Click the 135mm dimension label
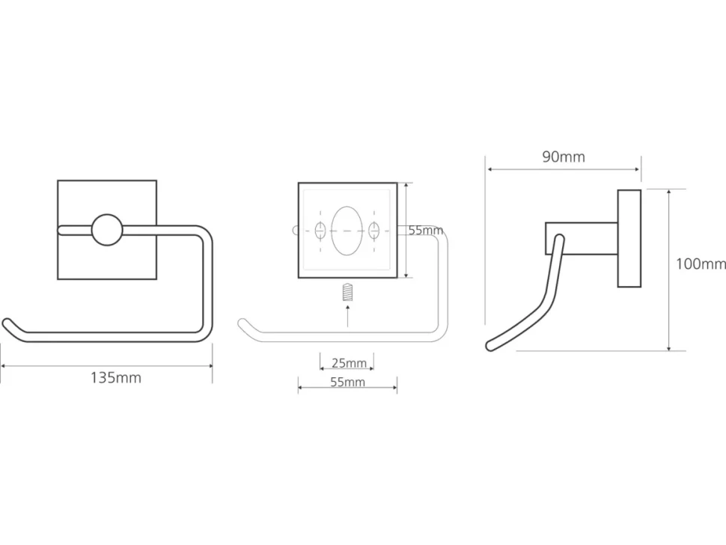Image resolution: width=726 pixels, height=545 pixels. [116, 378]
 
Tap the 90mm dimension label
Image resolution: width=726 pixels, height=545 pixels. [564, 157]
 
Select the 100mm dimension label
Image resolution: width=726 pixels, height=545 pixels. [701, 264]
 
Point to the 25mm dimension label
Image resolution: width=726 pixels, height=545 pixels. [349, 363]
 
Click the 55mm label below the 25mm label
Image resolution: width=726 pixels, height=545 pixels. [348, 382]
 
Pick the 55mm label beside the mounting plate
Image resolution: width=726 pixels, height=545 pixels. [426, 230]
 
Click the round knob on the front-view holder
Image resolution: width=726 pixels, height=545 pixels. [107, 230]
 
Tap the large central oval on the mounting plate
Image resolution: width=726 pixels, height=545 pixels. [347, 231]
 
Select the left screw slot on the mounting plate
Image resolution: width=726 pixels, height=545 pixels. [320, 230]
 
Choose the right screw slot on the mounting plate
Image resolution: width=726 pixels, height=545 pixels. [373, 230]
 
